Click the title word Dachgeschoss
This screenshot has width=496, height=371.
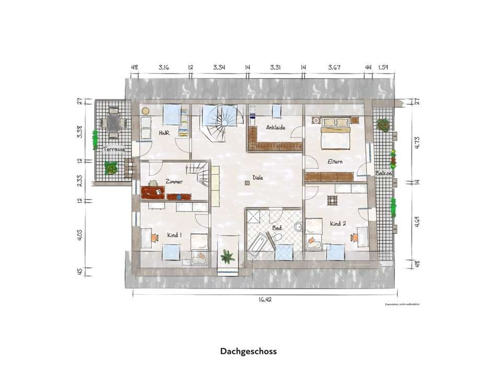[x=248, y=351]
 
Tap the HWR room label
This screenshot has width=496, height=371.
[x=163, y=133]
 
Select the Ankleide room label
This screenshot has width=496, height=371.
[x=275, y=128]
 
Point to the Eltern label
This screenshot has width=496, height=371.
[x=335, y=162]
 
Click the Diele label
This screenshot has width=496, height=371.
[x=257, y=177]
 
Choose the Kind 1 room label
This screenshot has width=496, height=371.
[x=174, y=236]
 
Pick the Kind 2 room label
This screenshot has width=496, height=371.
[x=338, y=224]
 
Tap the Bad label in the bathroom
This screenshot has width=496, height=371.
[x=277, y=228]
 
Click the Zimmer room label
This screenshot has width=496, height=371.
[x=174, y=181]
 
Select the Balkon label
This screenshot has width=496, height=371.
[x=383, y=173]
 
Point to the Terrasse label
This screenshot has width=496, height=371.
[x=114, y=149]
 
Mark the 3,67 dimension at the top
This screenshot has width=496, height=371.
[x=334, y=67]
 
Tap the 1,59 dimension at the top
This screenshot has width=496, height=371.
[x=384, y=67]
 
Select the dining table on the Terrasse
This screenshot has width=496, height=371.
[x=113, y=122]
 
